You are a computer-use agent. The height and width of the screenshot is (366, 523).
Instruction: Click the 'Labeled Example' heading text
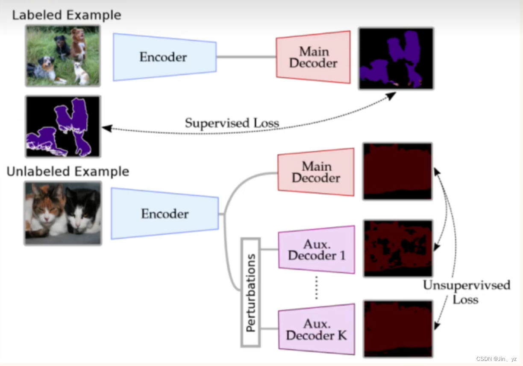pyautogui.click(x=66, y=15)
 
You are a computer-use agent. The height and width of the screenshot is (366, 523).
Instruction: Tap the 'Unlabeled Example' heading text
pyautogui.click(x=68, y=172)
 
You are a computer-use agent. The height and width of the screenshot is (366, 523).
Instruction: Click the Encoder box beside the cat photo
pyautogui.click(x=165, y=214)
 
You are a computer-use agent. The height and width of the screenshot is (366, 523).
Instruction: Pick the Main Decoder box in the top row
pyautogui.click(x=313, y=57)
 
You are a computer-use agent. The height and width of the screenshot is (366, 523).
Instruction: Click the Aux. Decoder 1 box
pyautogui.click(x=317, y=250)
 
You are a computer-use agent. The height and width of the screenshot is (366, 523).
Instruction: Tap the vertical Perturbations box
pyautogui.click(x=251, y=292)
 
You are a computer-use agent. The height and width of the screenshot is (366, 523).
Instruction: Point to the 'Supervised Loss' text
pyautogui.click(x=232, y=123)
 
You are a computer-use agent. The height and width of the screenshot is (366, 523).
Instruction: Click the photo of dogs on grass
pyautogui.click(x=63, y=56)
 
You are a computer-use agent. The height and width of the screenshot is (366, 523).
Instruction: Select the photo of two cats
pyautogui.click(x=63, y=213)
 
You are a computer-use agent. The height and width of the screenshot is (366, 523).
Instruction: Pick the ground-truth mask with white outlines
pyautogui.click(x=63, y=126)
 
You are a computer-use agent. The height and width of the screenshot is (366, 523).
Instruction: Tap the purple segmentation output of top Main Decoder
pyautogui.click(x=396, y=59)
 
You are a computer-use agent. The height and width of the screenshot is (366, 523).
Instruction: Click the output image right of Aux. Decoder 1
pyautogui.click(x=398, y=249)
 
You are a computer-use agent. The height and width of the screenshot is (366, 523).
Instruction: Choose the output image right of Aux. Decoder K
pyautogui.click(x=398, y=328)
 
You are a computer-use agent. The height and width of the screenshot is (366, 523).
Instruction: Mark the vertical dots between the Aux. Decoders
pyautogui.click(x=316, y=287)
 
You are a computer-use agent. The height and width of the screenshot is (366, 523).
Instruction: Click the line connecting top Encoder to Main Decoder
pyautogui.click(x=246, y=57)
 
